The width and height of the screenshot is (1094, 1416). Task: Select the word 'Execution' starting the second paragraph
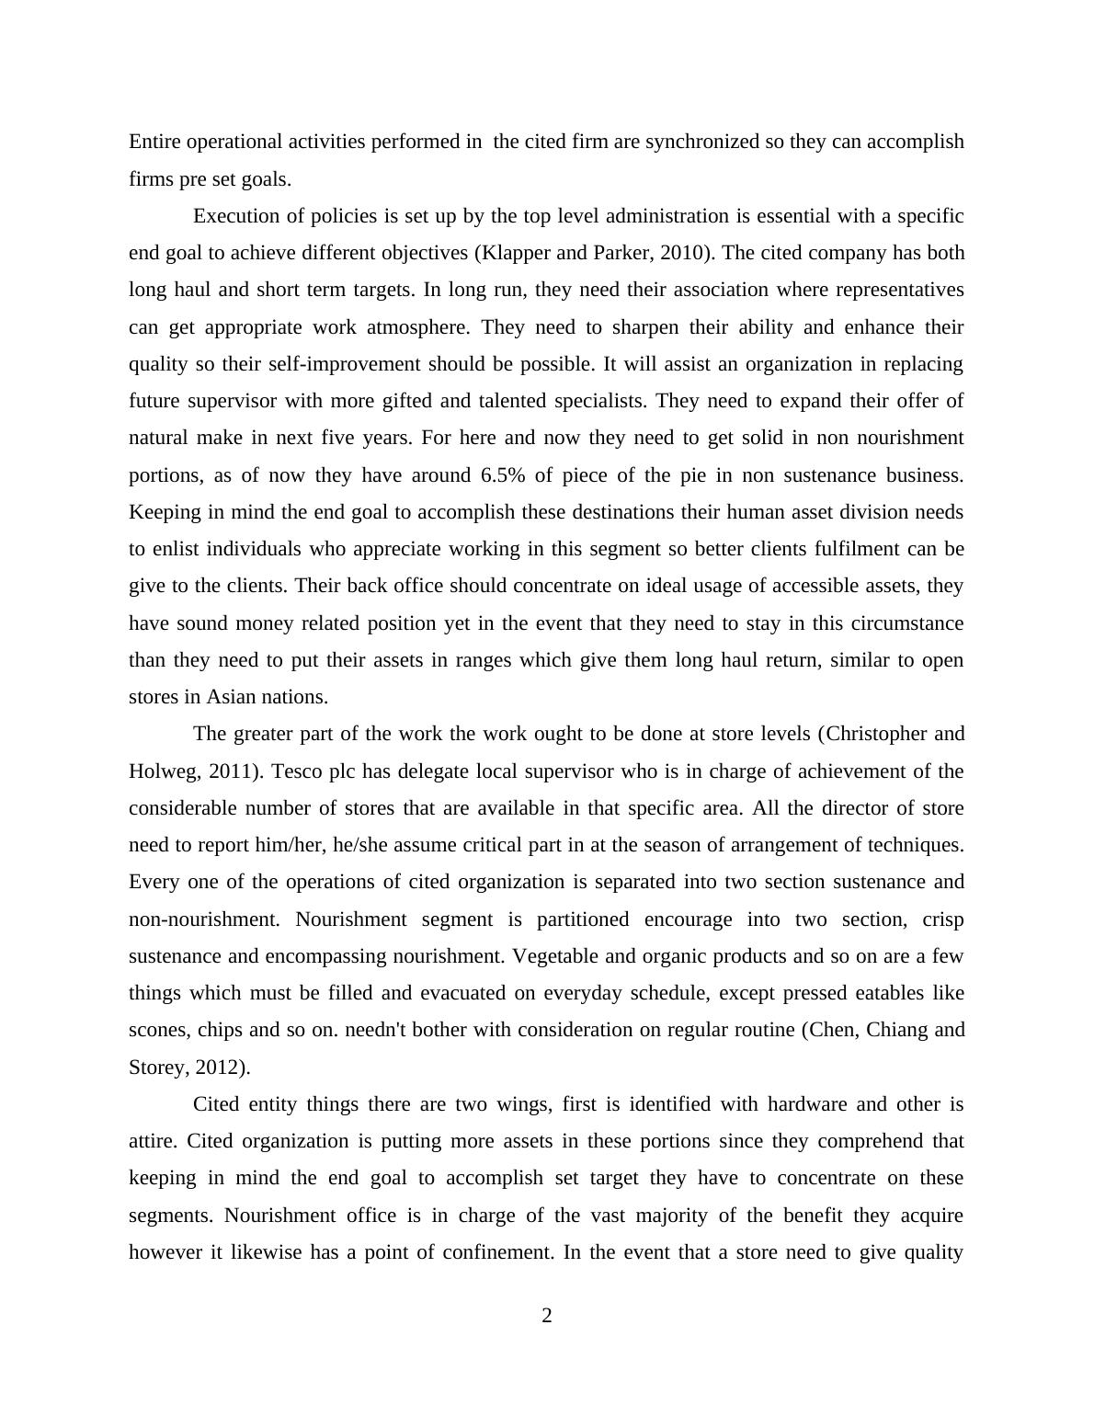pyautogui.click(x=234, y=216)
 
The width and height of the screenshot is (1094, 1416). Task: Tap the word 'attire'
pyautogui.click(x=151, y=1141)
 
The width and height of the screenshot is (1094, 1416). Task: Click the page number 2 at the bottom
pyautogui.click(x=547, y=1316)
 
